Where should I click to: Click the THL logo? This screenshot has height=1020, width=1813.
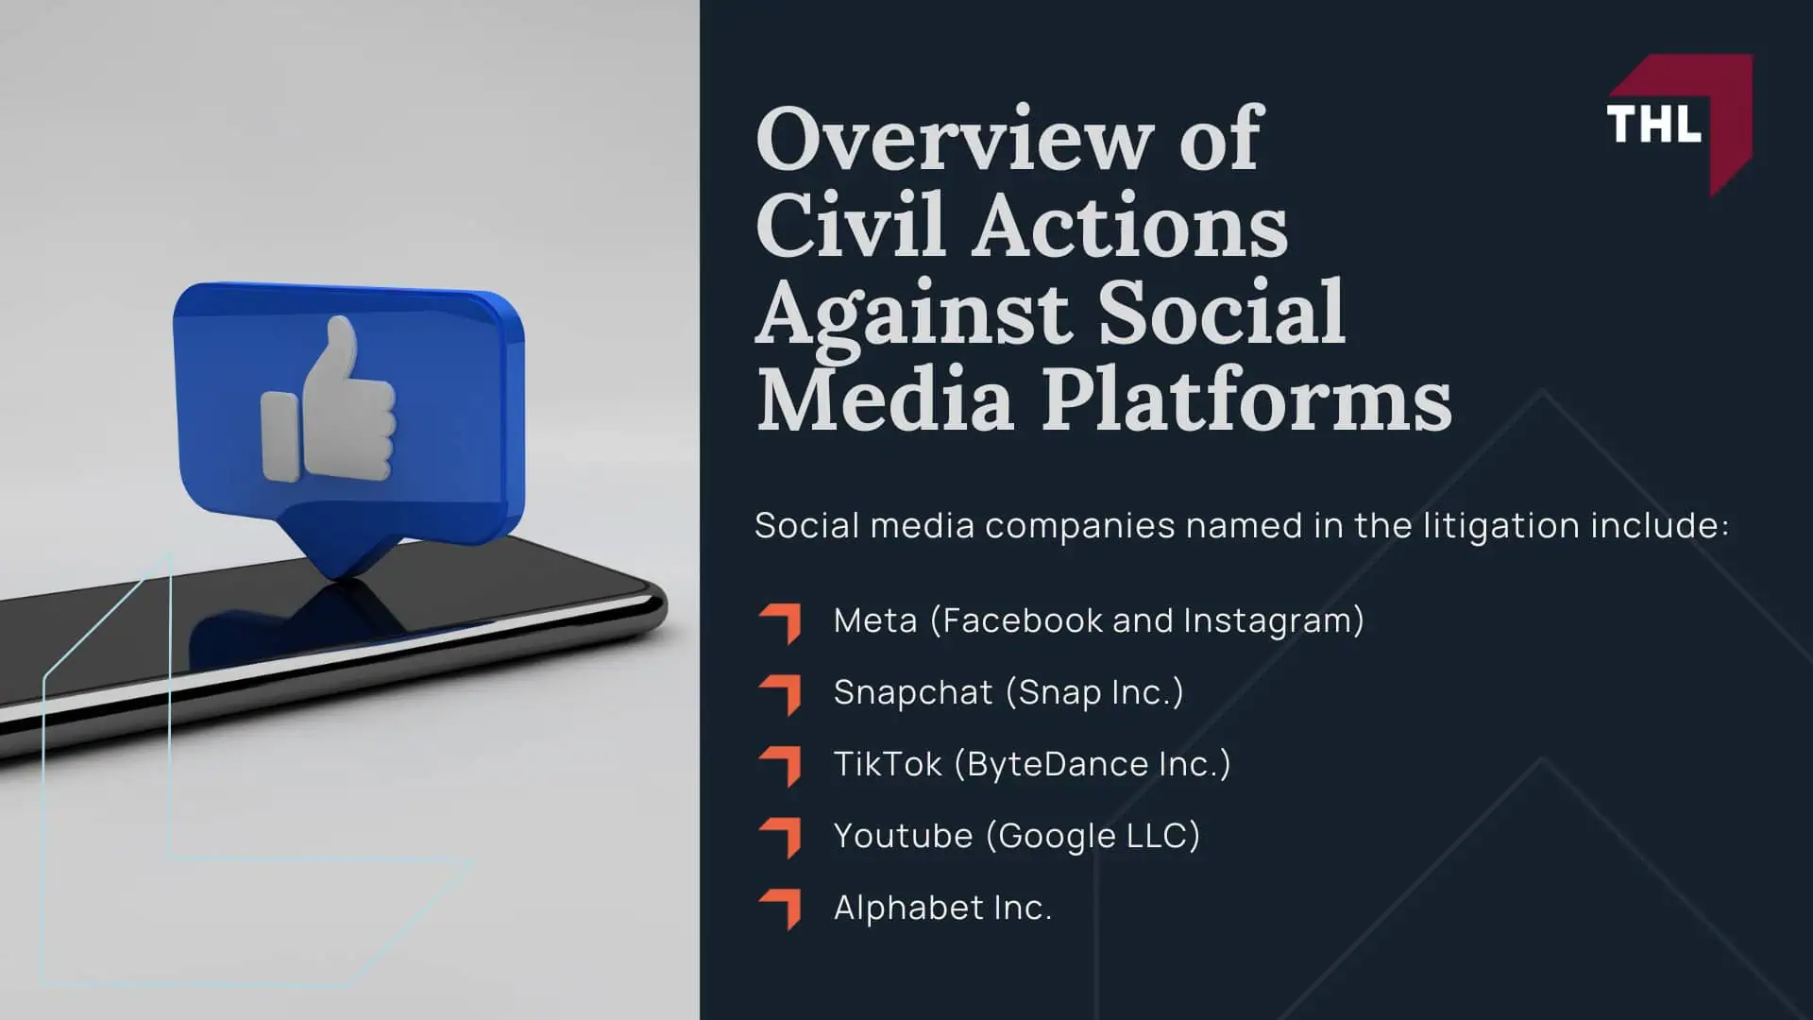click(x=1679, y=124)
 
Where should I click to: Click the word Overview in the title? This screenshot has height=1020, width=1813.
click(x=955, y=139)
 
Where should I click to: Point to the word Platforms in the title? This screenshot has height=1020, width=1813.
click(x=1246, y=399)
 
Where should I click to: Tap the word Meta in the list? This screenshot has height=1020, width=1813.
click(x=875, y=620)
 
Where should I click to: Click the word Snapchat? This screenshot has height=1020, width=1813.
click(x=913, y=693)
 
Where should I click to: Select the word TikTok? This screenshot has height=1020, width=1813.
click(x=888, y=764)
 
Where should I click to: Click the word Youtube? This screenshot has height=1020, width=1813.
click(x=903, y=836)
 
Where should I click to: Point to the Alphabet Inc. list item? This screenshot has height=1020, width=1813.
click(x=942, y=908)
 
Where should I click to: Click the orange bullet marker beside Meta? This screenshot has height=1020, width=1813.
click(x=780, y=623)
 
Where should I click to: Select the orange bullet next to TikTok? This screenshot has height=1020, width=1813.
click(x=780, y=767)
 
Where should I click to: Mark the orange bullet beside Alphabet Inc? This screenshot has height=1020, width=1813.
click(x=780, y=910)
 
